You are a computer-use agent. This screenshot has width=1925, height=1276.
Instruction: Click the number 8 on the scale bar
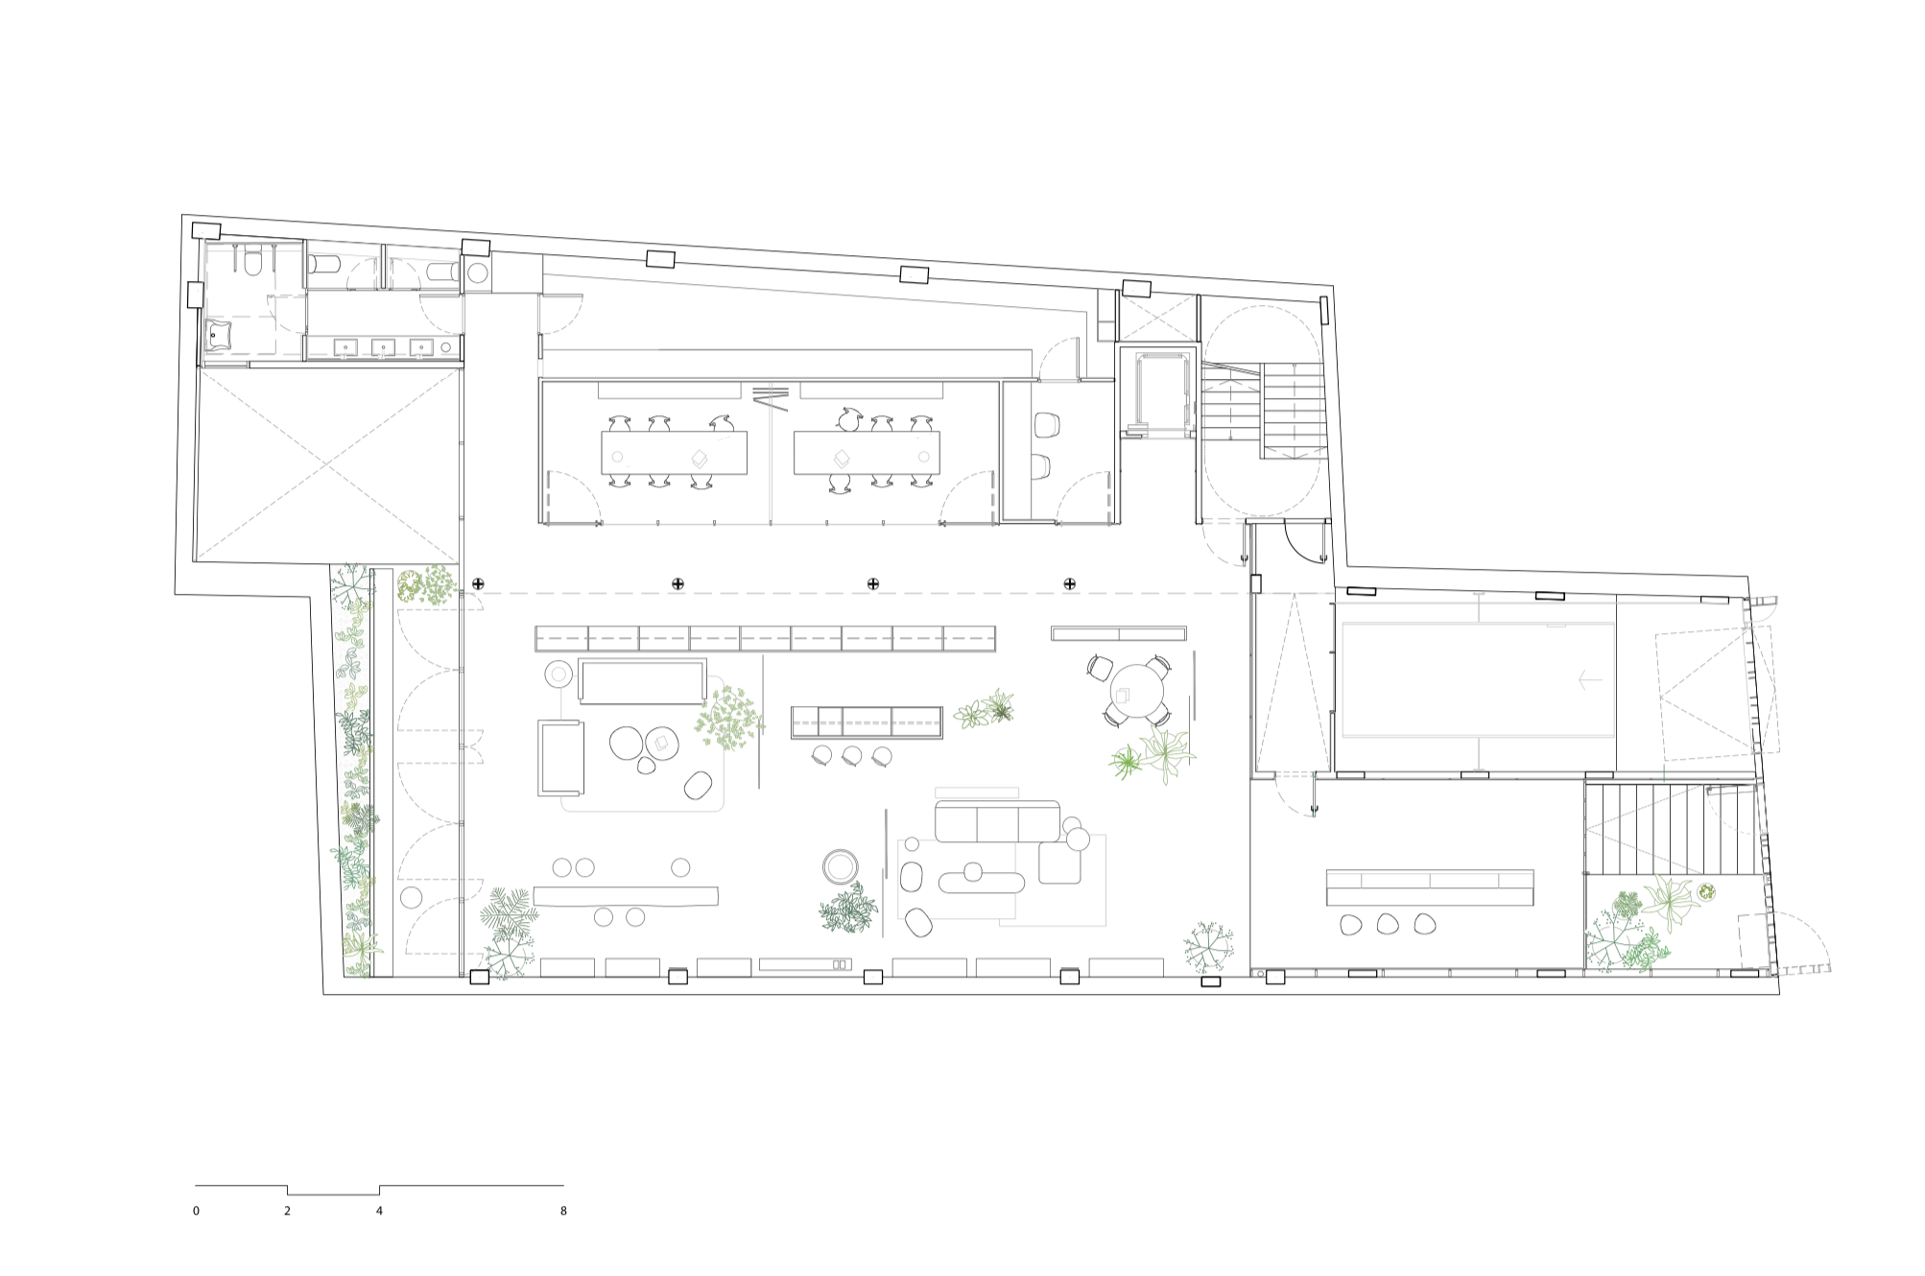563,1211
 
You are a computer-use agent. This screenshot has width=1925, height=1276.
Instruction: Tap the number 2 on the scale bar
287,1211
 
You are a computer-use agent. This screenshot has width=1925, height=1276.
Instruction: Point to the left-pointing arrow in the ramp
1589,680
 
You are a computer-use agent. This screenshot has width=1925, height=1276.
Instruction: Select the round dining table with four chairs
1137,688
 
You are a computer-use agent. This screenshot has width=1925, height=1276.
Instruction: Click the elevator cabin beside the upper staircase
1162,394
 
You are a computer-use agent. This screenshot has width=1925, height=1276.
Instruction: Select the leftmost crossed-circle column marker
478,583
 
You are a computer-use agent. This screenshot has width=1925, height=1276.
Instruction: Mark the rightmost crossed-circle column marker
1069,583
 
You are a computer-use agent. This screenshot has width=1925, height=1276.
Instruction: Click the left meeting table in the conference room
674,453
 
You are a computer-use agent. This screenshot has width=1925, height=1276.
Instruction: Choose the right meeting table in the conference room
867,453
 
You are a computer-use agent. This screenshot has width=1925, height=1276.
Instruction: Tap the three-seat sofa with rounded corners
997,821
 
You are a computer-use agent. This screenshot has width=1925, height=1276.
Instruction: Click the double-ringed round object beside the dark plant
841,866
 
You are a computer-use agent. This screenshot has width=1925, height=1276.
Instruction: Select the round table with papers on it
661,742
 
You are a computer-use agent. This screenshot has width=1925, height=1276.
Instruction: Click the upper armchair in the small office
1046,422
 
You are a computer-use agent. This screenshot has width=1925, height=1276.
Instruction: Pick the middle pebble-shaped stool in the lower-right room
1387,924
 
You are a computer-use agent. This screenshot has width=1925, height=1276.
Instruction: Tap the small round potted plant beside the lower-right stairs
1706,893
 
